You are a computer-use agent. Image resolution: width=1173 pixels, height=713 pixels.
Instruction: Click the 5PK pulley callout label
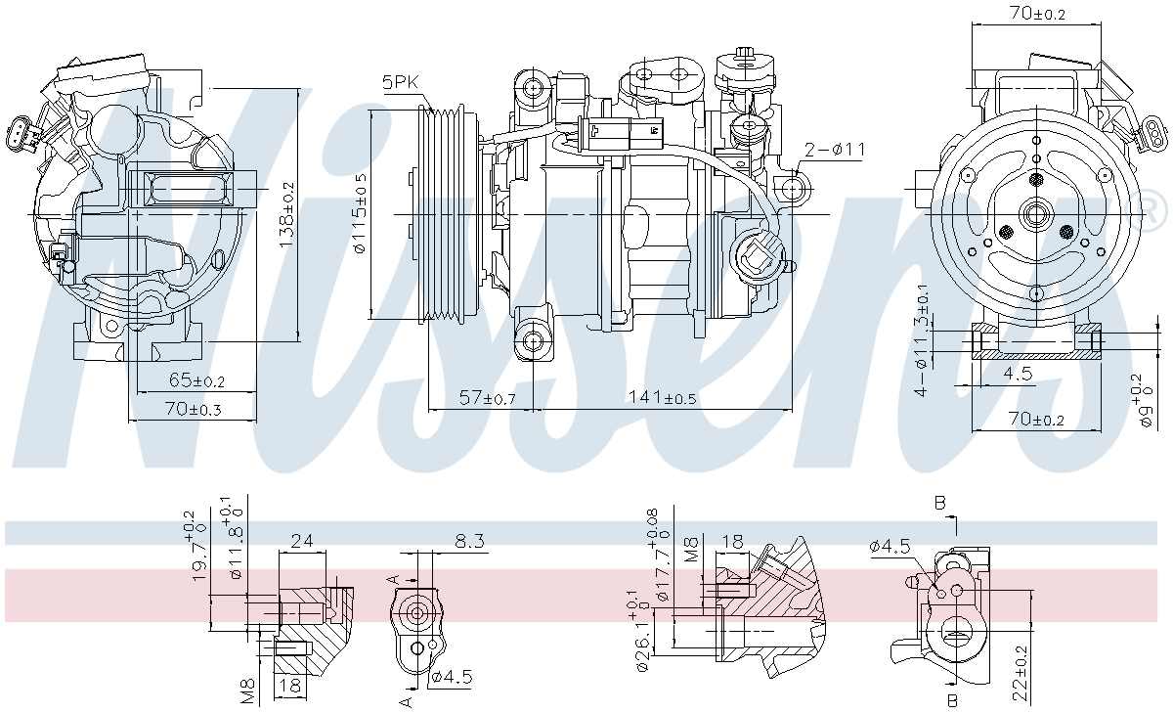[x=400, y=84]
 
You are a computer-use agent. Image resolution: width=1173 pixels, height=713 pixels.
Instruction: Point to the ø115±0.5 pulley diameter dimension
[x=360, y=213]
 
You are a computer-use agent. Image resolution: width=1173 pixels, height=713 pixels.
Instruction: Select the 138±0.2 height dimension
[x=286, y=215]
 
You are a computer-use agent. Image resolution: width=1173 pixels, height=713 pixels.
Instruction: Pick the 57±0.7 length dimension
[x=487, y=398]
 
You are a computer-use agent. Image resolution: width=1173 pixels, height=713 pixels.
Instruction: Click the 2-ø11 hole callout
[x=835, y=150]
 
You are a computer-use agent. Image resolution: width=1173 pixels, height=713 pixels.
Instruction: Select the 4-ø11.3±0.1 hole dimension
[x=921, y=341]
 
